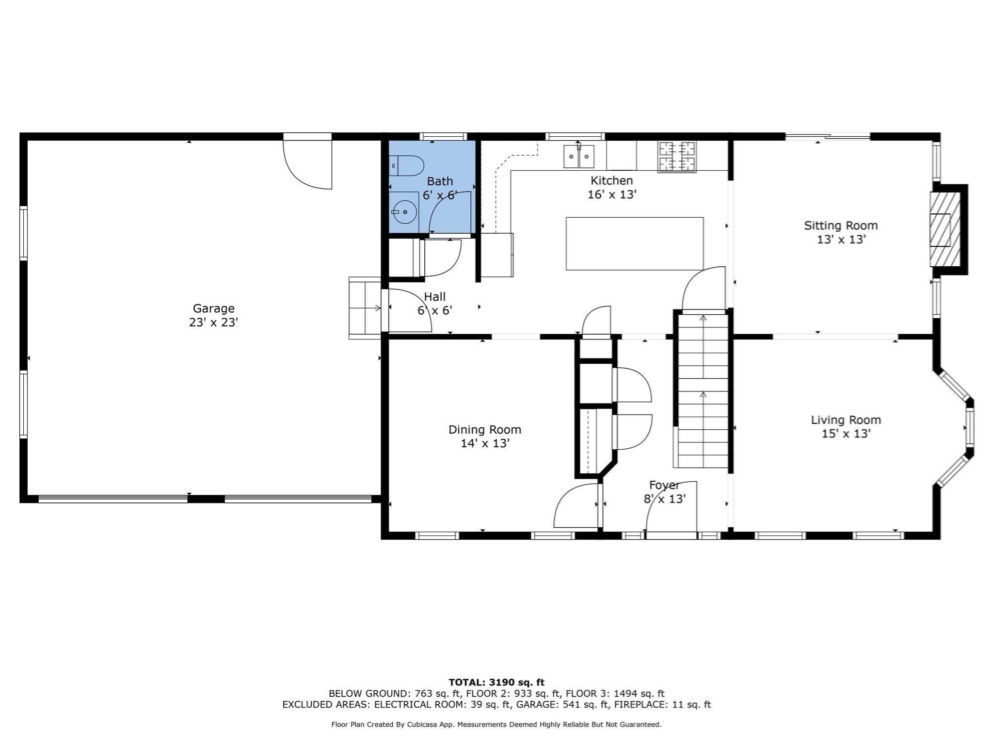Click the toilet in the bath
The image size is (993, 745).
(x=406, y=166)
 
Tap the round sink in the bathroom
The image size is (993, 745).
(x=404, y=212)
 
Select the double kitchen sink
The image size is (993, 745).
(x=578, y=156)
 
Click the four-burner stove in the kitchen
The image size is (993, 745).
(x=677, y=156)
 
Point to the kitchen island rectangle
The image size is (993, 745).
(x=634, y=243)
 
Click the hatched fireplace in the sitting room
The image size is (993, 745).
(x=945, y=229)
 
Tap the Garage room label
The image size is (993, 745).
(x=213, y=308)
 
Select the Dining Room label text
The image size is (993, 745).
(x=484, y=430)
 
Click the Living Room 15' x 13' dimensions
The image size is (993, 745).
(x=846, y=434)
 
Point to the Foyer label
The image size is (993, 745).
(x=664, y=486)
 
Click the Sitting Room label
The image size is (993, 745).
(x=841, y=226)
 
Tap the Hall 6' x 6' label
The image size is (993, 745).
(x=434, y=304)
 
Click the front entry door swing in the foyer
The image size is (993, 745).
(x=672, y=509)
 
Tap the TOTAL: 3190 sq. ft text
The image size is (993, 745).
(x=496, y=682)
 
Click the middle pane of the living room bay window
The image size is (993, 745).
(x=969, y=427)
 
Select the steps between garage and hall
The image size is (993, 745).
(x=365, y=308)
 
